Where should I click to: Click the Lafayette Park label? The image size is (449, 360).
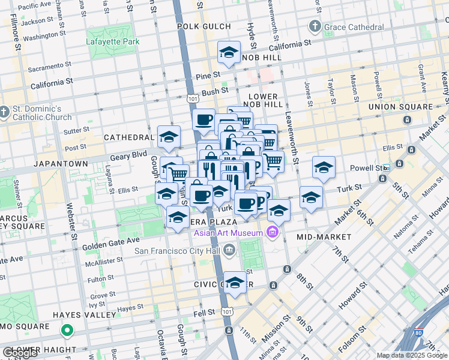112,42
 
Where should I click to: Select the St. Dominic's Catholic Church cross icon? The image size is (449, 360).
5,112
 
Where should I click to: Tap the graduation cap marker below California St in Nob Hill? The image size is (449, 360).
229,53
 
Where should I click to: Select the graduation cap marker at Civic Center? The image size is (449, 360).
235,283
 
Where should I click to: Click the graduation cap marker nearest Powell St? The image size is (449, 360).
324,168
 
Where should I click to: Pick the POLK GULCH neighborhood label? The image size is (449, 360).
204,26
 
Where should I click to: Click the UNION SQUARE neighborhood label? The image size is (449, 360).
400,107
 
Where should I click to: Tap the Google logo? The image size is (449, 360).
20,353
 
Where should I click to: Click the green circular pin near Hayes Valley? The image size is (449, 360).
68,330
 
